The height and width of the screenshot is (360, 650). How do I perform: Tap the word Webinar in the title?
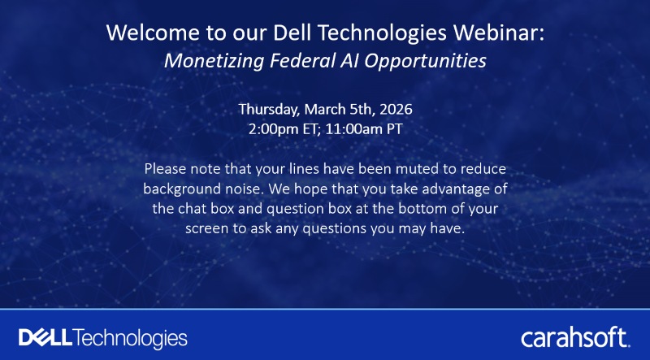(x=506, y=34)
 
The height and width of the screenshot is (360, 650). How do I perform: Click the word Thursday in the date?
(x=268, y=109)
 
